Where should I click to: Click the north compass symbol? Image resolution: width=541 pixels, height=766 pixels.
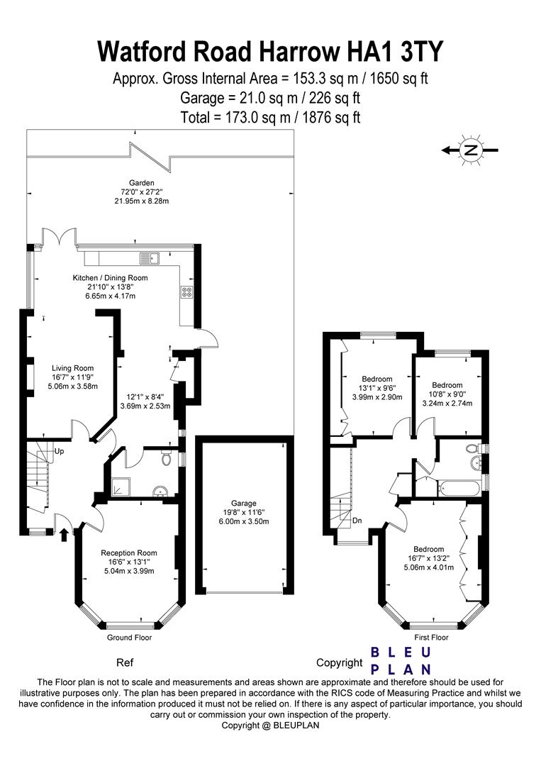pyautogui.click(x=469, y=150)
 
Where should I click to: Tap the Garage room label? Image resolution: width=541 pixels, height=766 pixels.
pyautogui.click(x=244, y=503)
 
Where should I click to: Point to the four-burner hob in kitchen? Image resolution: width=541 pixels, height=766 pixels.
pyautogui.click(x=186, y=292)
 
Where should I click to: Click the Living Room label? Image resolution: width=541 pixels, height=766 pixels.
pyautogui.click(x=73, y=368)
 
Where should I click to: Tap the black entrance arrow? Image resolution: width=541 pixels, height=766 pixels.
pyautogui.click(x=64, y=536)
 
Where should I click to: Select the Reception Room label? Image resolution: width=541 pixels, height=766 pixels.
pyautogui.click(x=129, y=553)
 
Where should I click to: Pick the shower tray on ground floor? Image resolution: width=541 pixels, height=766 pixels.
pyautogui.click(x=121, y=486)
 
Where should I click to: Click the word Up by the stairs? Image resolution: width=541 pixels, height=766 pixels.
pyautogui.click(x=59, y=451)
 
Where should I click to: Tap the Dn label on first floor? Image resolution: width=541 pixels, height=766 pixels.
pyautogui.click(x=357, y=521)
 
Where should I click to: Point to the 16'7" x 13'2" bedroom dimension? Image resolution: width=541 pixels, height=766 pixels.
pyautogui.click(x=429, y=558)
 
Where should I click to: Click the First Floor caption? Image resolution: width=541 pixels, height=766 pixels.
pyautogui.click(x=431, y=638)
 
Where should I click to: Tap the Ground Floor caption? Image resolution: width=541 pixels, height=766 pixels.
pyautogui.click(x=129, y=638)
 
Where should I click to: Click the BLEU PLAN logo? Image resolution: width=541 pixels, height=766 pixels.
pyautogui.click(x=401, y=660)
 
